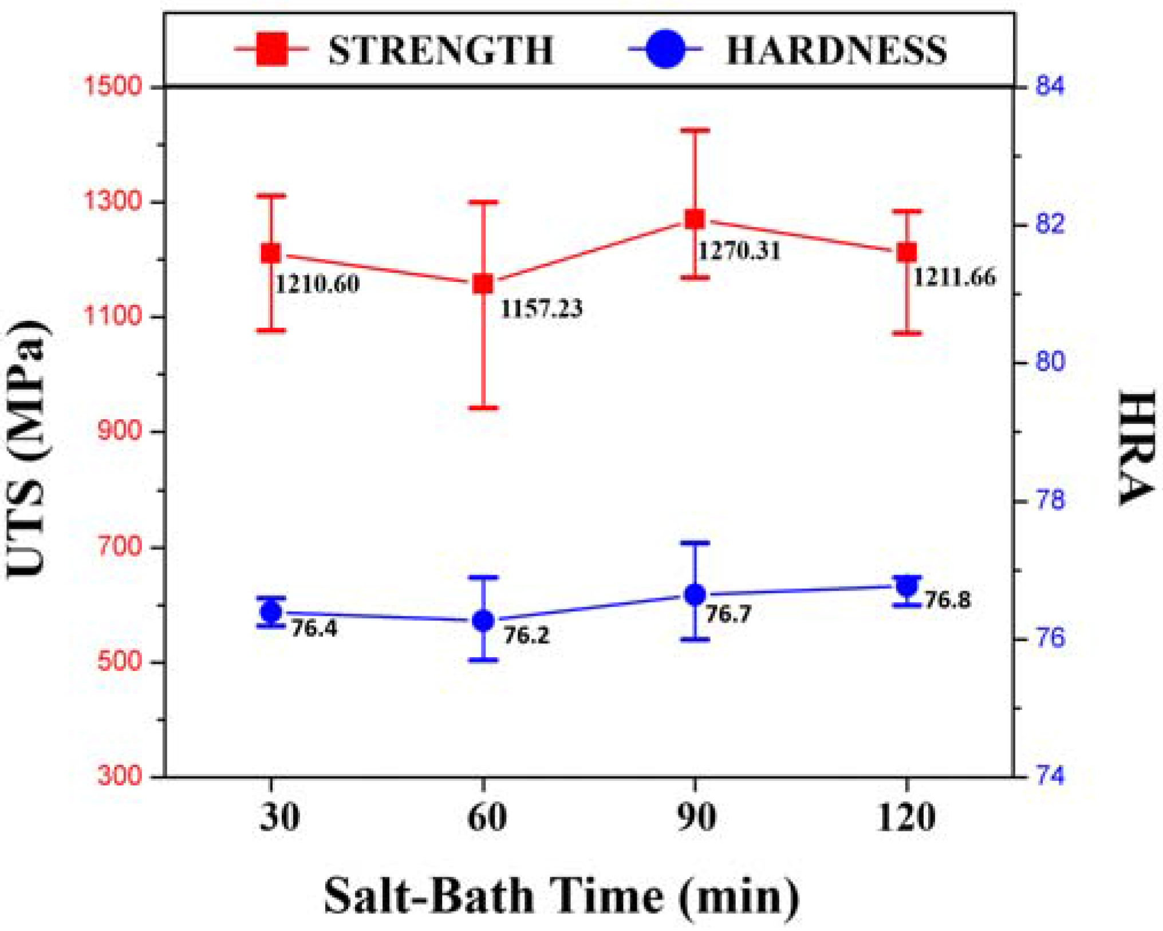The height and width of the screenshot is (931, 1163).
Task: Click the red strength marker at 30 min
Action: click(x=271, y=253)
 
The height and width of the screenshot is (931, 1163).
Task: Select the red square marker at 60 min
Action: click(x=483, y=284)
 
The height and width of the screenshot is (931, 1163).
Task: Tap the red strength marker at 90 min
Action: click(x=695, y=219)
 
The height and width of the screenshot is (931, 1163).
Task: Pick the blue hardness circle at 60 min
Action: click(x=483, y=620)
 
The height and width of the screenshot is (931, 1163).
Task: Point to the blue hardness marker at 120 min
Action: click(x=907, y=586)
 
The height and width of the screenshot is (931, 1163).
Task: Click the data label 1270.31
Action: click(x=739, y=251)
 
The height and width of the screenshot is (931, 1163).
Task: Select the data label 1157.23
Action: click(x=541, y=309)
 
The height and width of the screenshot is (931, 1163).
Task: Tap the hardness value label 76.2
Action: click(x=526, y=635)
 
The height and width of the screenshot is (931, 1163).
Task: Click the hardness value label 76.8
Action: click(x=948, y=600)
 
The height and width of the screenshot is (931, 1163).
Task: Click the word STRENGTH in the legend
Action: click(x=441, y=50)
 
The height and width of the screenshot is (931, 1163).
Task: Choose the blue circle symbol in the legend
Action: click(x=665, y=49)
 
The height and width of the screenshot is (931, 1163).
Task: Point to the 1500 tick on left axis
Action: click(x=112, y=87)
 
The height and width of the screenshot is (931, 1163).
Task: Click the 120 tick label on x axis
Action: click(x=906, y=818)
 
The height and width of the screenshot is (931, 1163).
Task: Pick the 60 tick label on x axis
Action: click(x=486, y=818)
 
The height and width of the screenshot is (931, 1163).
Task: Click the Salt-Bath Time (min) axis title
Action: click(x=561, y=895)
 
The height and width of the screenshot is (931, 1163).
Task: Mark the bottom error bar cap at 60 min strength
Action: click(x=484, y=408)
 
